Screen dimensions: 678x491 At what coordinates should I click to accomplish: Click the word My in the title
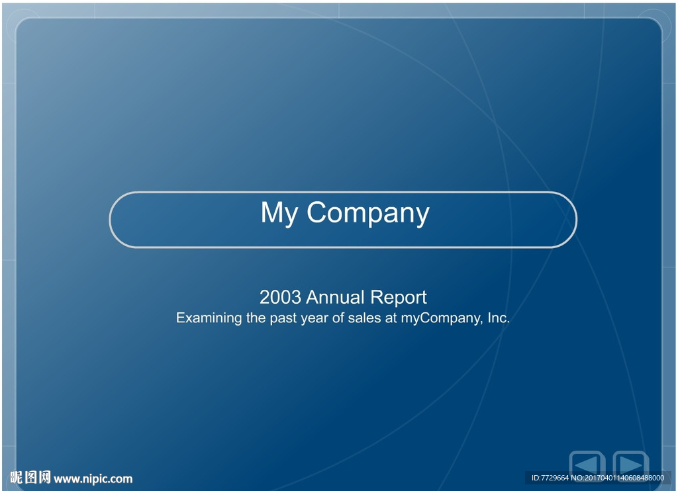279,212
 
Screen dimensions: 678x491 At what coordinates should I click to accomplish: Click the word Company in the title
368,212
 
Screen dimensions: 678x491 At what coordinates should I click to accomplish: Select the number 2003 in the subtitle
280,297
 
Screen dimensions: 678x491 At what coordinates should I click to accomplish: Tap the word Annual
336,297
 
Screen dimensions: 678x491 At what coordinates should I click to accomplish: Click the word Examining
209,318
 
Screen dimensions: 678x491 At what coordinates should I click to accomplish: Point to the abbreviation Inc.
499,318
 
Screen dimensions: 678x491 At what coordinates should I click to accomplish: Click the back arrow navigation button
587,465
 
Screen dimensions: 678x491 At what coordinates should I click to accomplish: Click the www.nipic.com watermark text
93,479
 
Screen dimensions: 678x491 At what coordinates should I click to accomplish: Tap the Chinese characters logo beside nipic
30,478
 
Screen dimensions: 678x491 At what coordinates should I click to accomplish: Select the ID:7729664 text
550,478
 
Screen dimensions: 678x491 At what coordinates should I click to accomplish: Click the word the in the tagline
256,318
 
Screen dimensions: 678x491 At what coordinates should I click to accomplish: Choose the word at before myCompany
391,318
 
